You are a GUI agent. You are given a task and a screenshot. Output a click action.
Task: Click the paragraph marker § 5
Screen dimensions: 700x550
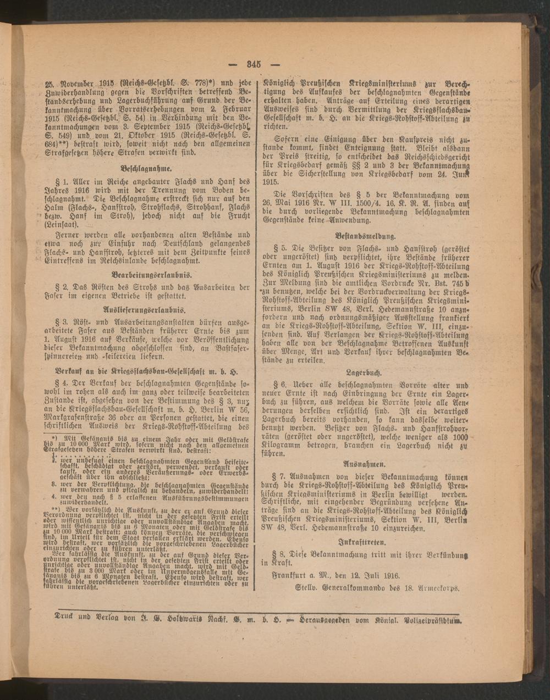pos(285,248)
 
